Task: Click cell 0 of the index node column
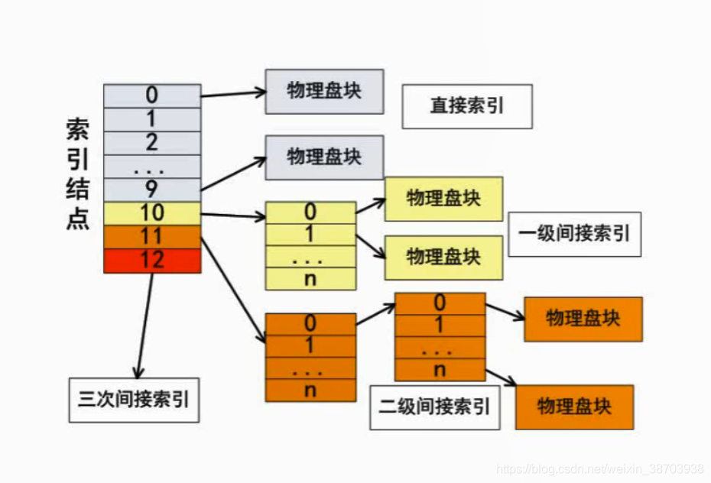tap(152, 96)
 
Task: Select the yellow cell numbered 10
tap(152, 213)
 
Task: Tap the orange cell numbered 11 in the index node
tap(152, 237)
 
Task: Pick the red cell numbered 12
tap(152, 261)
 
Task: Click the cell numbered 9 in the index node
tap(152, 190)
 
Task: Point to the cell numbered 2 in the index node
tap(152, 143)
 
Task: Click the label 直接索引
tap(466, 106)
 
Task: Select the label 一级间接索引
tap(574, 234)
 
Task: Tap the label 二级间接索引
tap(433, 407)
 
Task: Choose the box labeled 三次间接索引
tap(134, 400)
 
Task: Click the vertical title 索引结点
tap(77, 174)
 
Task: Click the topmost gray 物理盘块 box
tap(324, 91)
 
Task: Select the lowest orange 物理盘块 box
tap(574, 407)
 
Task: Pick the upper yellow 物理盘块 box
tap(443, 199)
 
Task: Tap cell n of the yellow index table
tap(310, 279)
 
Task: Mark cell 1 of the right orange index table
tap(440, 326)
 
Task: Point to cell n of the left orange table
tap(310, 390)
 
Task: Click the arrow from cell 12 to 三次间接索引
tap(144, 325)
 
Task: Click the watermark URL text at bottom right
tap(600, 468)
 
